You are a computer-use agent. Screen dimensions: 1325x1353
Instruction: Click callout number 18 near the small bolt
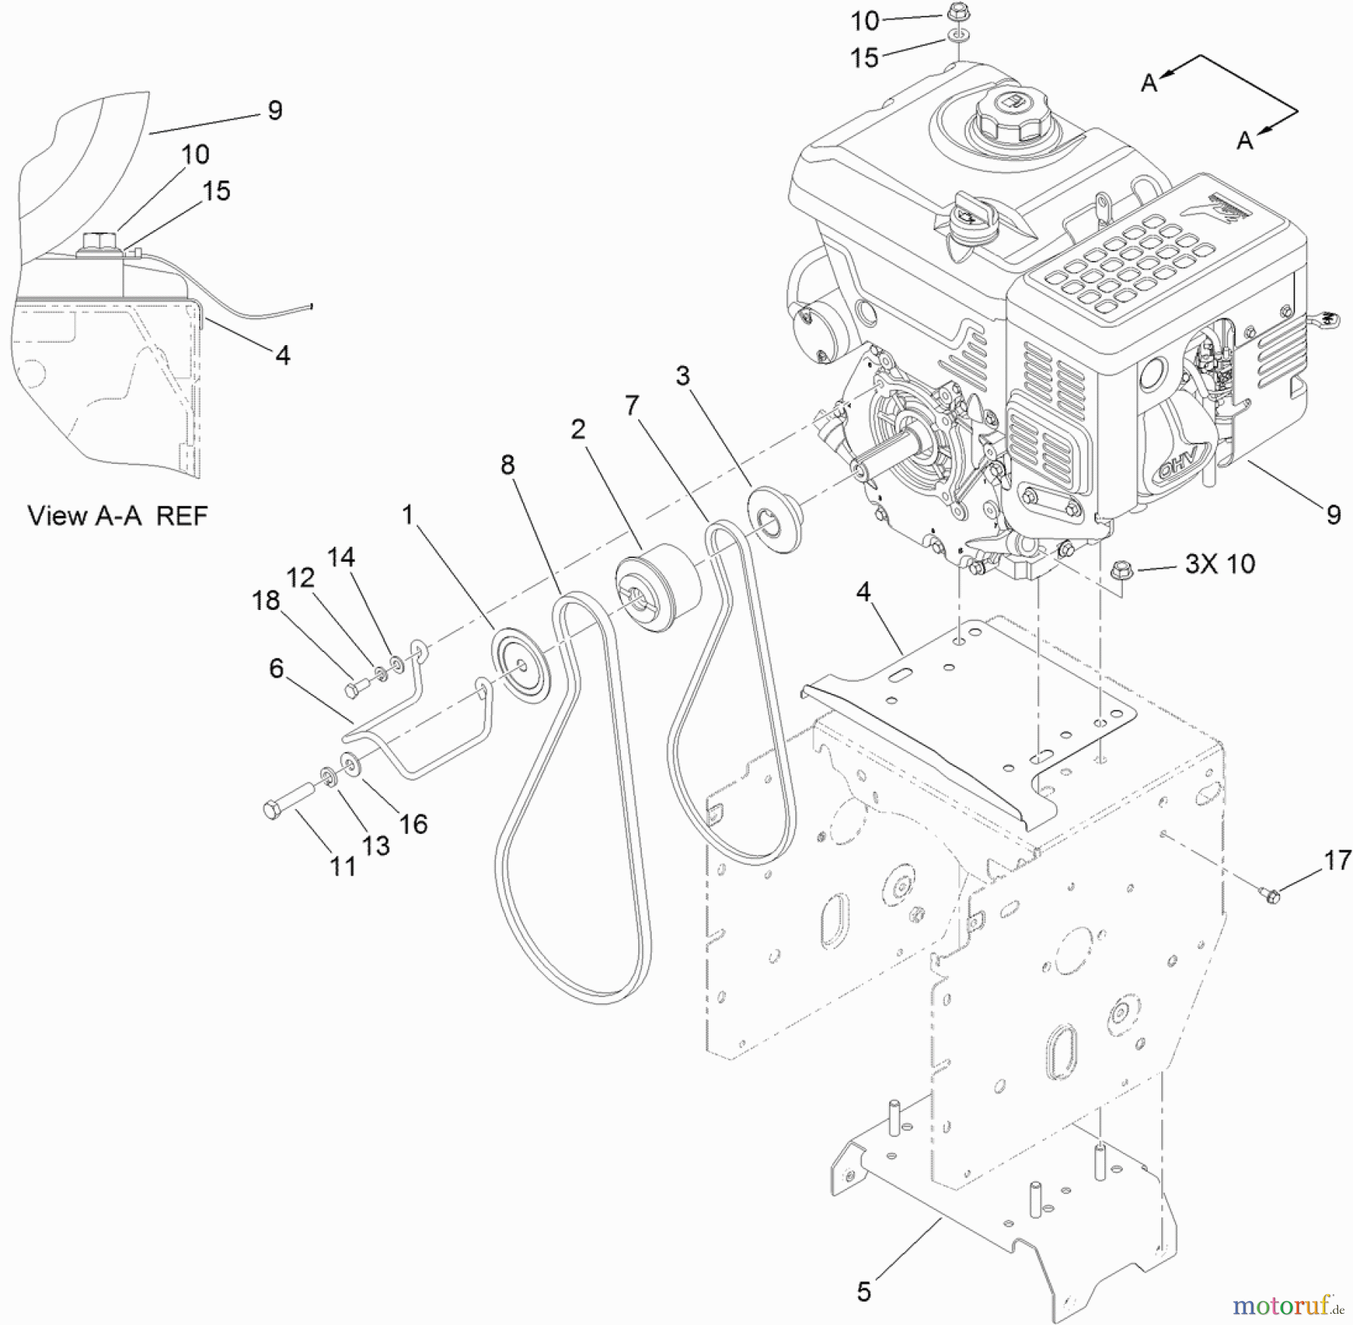click(x=265, y=600)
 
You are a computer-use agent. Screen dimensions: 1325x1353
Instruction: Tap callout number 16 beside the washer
click(x=413, y=823)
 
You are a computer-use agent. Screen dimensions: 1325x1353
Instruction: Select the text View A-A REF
click(x=118, y=516)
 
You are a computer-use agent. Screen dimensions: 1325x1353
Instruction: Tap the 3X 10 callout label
click(x=1219, y=564)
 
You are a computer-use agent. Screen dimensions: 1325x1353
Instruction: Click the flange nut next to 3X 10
click(x=1121, y=573)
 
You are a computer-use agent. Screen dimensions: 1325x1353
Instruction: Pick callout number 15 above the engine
click(x=864, y=57)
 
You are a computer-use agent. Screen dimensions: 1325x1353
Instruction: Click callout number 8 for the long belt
click(x=507, y=465)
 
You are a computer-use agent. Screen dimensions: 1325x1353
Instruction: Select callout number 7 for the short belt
click(x=631, y=405)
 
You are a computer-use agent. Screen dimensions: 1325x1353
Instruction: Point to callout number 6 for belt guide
click(x=276, y=668)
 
